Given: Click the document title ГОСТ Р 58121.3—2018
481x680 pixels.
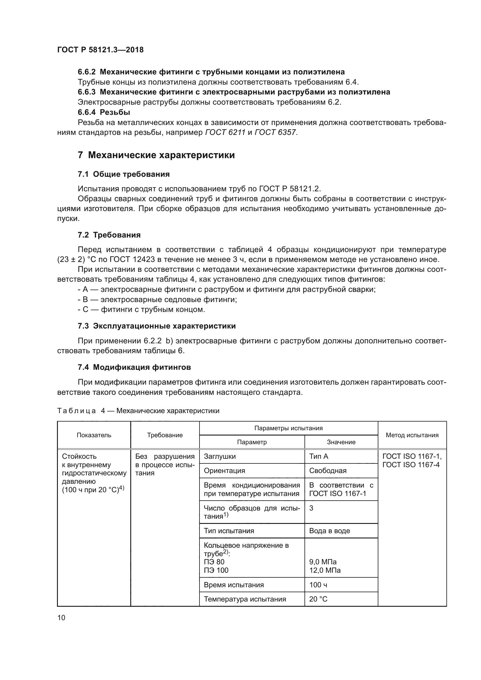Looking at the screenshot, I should pos(100,50).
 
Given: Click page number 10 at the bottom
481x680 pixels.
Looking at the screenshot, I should pos(61,617).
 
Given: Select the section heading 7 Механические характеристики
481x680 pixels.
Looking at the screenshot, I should pos(156,155).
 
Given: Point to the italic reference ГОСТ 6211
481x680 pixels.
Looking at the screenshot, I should pos(225,132).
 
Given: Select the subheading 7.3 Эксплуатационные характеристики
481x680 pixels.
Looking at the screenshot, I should pos(157,326).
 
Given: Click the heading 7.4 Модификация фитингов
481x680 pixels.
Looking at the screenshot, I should pos(134,367).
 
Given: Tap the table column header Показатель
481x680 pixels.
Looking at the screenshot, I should pos(94,435).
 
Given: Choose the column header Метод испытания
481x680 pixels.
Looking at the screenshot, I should pos(412,435).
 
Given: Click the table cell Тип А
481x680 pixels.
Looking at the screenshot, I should pos(319,456).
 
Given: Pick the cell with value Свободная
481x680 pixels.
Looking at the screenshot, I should pos(327,471).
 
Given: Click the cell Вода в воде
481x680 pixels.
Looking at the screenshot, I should pos(329,531).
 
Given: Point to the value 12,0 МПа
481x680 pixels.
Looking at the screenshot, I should pos(325,570).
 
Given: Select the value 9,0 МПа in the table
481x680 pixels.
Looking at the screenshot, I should pos(323,562).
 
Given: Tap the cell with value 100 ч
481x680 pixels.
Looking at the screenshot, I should pos(318,585).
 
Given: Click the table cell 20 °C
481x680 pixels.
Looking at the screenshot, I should pos(318,599).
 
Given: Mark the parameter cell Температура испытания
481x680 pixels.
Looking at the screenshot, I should pos(245,599).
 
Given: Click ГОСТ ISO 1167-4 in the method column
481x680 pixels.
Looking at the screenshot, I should pos(411,465).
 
